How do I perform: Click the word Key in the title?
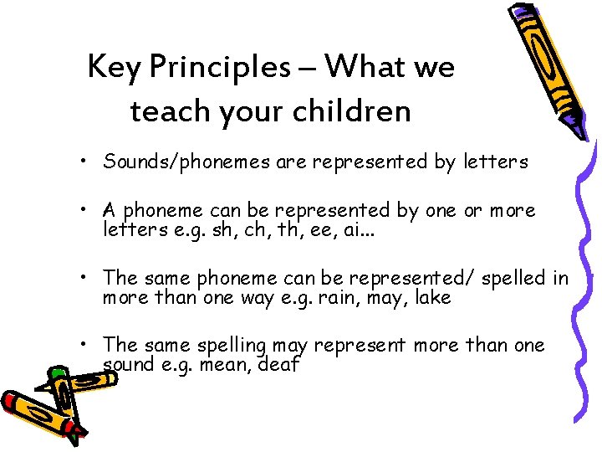(115, 67)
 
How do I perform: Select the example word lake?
(432, 297)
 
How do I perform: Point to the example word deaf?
(279, 365)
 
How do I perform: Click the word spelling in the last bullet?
(231, 346)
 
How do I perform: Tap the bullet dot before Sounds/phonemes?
(87, 162)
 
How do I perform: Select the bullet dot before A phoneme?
(87, 211)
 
